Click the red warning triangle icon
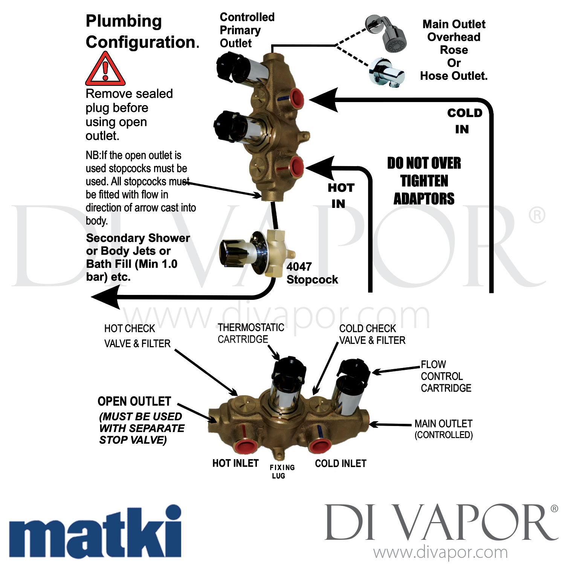tap(105, 70)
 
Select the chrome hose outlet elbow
tap(386, 72)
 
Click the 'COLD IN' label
tap(464, 121)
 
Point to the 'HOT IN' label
tap(341, 195)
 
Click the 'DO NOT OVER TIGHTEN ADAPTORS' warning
tap(424, 181)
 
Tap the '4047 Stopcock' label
tap(312, 273)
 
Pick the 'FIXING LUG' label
tap(282, 472)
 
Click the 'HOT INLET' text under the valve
tap(235, 463)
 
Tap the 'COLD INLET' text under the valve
tap(341, 463)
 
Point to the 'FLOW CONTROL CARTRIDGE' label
tap(446, 376)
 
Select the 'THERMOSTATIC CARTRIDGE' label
tap(250, 333)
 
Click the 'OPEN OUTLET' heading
tap(134, 402)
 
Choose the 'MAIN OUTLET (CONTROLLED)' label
tap(443, 429)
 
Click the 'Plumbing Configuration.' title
tap(142, 32)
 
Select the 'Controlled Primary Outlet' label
tap(247, 30)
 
